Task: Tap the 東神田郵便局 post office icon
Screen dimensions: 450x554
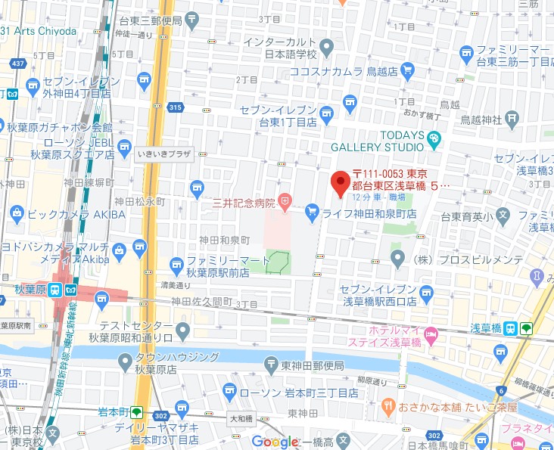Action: tap(271, 365)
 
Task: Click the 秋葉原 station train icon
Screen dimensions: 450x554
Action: tap(55, 290)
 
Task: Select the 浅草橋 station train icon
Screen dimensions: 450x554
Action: tap(511, 328)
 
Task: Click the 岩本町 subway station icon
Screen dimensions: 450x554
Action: tap(137, 412)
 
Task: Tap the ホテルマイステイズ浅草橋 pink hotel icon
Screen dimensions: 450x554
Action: tap(431, 334)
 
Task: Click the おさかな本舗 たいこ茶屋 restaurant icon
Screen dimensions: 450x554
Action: tap(389, 407)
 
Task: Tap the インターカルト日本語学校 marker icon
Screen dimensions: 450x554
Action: tap(326, 49)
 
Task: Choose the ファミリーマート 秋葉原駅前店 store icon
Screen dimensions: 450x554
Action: tap(176, 263)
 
